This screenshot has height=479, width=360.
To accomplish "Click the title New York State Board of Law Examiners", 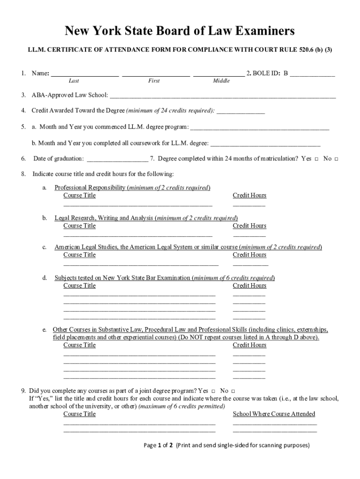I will [x=180, y=31].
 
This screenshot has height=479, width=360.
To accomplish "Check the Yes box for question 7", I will [x=317, y=159].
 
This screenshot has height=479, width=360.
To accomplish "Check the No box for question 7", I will [x=336, y=159].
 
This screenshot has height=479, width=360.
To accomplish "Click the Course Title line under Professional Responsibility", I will [x=137, y=205].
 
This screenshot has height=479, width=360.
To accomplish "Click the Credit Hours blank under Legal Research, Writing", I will [x=249, y=235].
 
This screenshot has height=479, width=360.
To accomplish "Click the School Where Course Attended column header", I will [x=274, y=414].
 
